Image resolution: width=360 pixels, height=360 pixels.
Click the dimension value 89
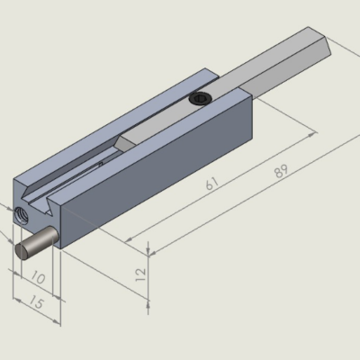[281, 171]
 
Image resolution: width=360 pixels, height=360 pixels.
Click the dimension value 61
[212, 183]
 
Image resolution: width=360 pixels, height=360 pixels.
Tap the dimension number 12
[140, 274]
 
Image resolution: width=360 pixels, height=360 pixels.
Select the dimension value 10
[38, 277]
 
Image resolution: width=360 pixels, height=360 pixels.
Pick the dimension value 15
[37, 303]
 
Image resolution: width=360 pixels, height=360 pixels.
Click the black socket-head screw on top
[201, 98]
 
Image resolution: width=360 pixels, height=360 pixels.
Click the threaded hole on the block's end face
[22, 215]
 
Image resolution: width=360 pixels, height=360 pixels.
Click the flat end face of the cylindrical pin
[22, 251]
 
